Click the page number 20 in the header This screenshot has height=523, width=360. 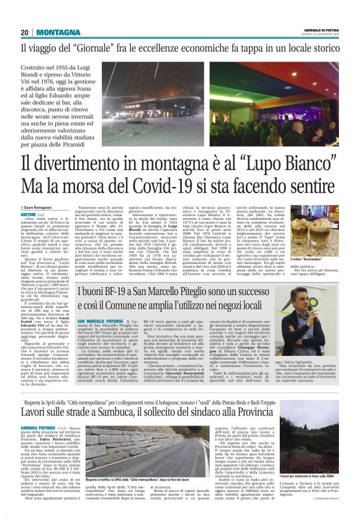25,32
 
